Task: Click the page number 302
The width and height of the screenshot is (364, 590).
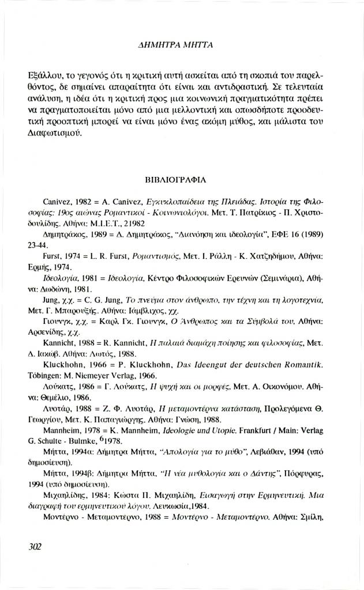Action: click(x=34, y=546)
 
